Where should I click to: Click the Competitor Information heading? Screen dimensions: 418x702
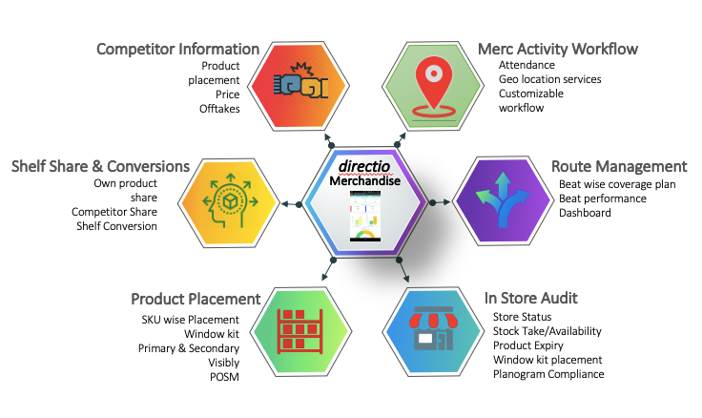[x=178, y=49]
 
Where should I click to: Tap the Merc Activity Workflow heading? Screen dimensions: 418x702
[x=558, y=49]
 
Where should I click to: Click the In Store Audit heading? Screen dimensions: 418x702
[x=530, y=299]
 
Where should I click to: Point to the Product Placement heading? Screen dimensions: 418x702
[x=196, y=299]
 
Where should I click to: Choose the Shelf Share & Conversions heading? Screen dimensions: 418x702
[x=100, y=166]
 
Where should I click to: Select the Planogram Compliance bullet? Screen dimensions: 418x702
[x=548, y=374]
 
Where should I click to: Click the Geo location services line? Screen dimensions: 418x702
[x=549, y=79]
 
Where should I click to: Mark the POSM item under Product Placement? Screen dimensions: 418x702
[x=225, y=376]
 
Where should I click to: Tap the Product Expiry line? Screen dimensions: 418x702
[x=527, y=345]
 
